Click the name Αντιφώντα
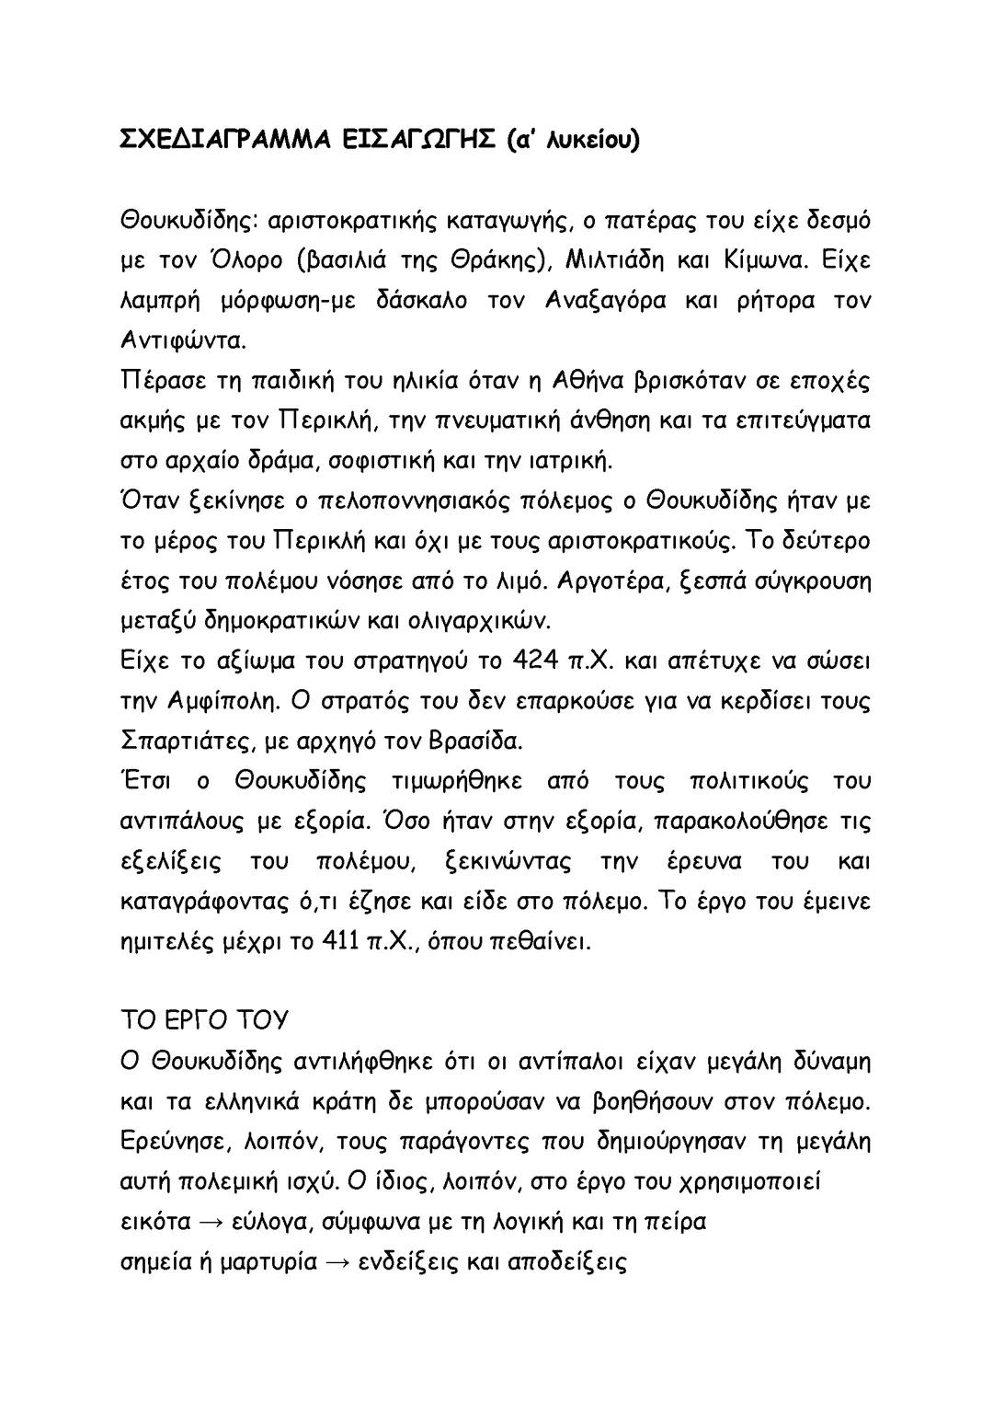click(183, 340)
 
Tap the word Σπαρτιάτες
click(181, 742)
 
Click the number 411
click(334, 942)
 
